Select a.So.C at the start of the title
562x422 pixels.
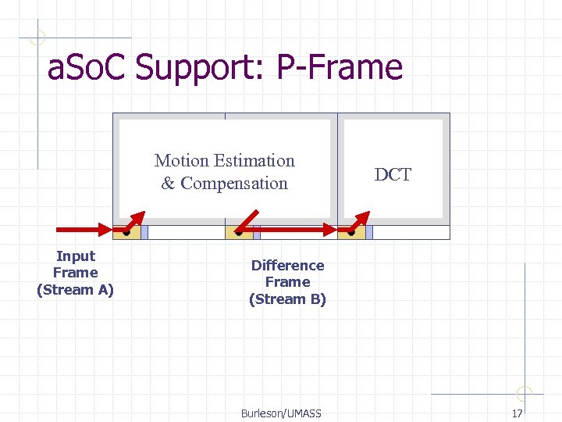click(x=87, y=68)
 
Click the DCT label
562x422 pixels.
click(x=393, y=175)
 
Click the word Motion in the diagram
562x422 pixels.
click(x=181, y=161)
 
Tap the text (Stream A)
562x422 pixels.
click(x=75, y=290)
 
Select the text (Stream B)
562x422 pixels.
click(x=287, y=299)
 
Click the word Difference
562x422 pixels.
click(x=287, y=266)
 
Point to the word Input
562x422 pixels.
click(x=76, y=256)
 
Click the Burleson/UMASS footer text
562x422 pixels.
click(x=281, y=413)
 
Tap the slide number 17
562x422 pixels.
click(x=517, y=413)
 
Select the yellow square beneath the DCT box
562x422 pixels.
click(x=352, y=231)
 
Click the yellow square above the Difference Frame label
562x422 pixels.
click(x=239, y=231)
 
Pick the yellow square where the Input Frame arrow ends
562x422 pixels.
click(x=126, y=231)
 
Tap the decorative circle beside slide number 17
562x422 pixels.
click(x=525, y=394)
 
